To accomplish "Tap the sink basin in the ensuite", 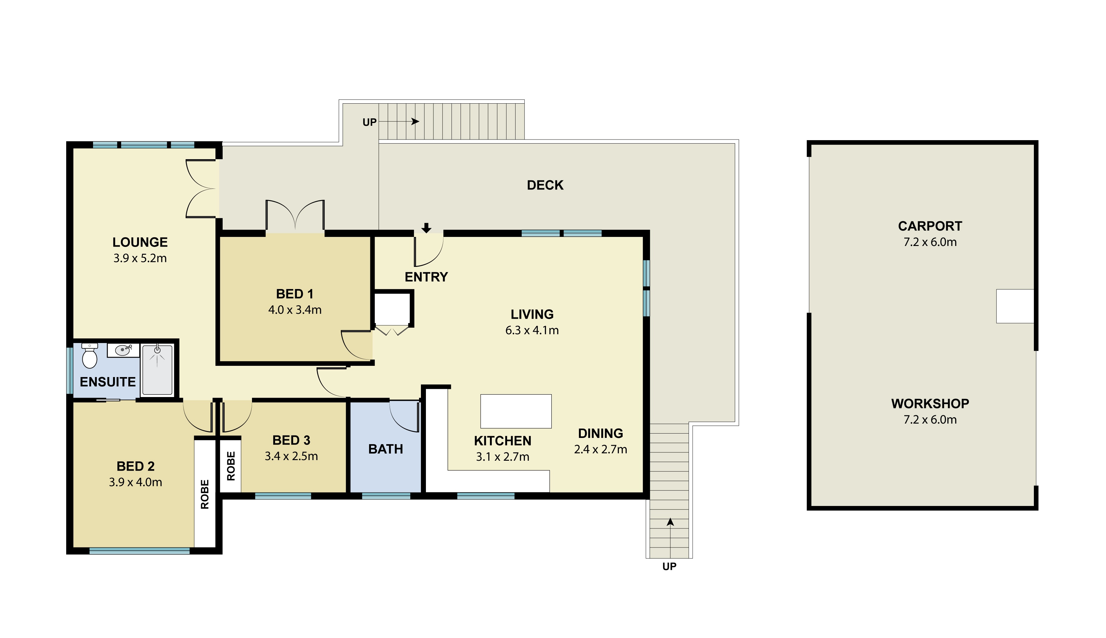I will coord(122,350).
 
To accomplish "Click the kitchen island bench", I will coord(516,411).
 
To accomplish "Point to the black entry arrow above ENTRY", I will coord(426,228).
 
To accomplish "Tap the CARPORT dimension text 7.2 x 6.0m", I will coord(930,242).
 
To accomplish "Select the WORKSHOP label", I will coord(930,404).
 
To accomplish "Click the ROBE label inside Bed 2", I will coord(205,494).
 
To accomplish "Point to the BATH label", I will coord(385,449).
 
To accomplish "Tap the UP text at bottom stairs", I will coord(669,567).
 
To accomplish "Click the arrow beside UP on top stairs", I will coord(414,121).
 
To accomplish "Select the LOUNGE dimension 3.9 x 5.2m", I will coord(140,258).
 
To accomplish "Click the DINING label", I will coord(600,433).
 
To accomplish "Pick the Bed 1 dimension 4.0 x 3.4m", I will coord(294,310).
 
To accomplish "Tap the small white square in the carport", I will coord(1015,306).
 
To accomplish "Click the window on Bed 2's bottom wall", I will coord(139,551).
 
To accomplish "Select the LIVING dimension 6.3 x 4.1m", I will coord(532,330).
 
